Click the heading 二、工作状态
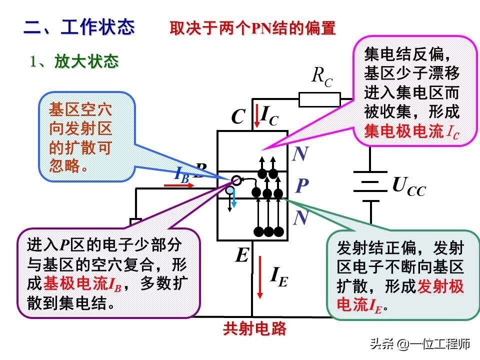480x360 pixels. tap(79, 27)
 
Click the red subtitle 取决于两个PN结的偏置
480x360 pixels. tap(252, 28)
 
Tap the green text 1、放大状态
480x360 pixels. tap(73, 61)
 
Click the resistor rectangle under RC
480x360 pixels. tap(319, 99)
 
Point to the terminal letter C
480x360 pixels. tap(238, 117)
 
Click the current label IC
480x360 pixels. tap(269, 114)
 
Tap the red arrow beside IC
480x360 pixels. tap(255, 116)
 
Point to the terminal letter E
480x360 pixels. tap(242, 256)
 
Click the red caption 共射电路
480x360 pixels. tap(255, 328)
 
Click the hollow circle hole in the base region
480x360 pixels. tap(236, 180)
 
